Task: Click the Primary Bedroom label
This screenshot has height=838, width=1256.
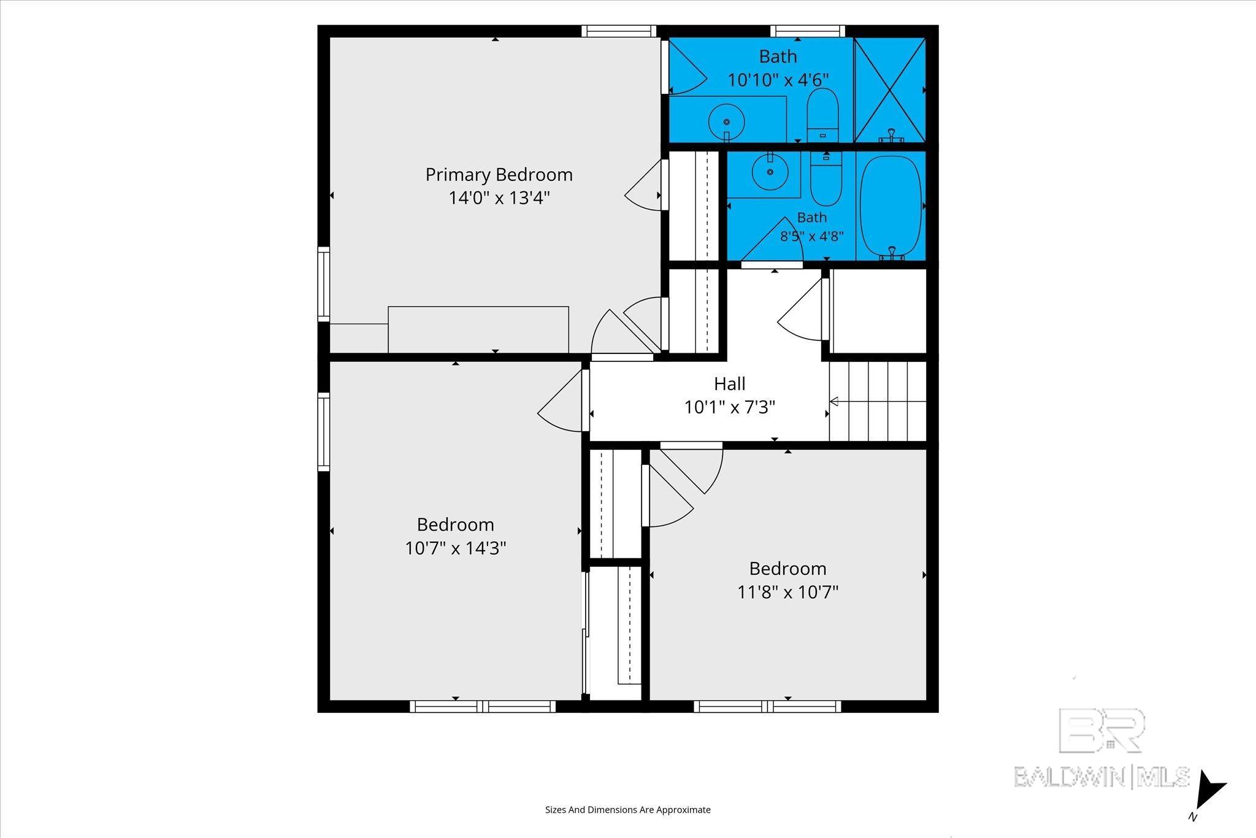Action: (x=499, y=175)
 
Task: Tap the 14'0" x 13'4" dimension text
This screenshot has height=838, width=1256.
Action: (x=499, y=198)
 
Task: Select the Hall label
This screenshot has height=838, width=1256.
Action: (x=730, y=384)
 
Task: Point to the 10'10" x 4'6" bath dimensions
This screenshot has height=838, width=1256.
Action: (x=778, y=80)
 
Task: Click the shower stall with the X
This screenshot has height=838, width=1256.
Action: (x=889, y=90)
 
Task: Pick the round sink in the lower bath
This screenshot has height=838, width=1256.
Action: (x=770, y=172)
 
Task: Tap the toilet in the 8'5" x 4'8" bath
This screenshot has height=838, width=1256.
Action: (x=826, y=178)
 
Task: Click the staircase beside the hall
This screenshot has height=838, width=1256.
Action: (x=878, y=401)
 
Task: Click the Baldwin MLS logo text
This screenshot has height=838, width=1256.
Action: (x=1102, y=776)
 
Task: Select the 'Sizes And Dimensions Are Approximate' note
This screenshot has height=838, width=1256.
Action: (x=628, y=810)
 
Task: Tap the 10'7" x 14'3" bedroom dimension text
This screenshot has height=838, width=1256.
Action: (x=456, y=548)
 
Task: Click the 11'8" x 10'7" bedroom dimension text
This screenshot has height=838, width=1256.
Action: (x=788, y=592)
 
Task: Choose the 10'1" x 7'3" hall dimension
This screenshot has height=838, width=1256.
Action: (x=730, y=407)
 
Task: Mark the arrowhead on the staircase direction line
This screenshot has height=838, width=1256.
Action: (x=833, y=402)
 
